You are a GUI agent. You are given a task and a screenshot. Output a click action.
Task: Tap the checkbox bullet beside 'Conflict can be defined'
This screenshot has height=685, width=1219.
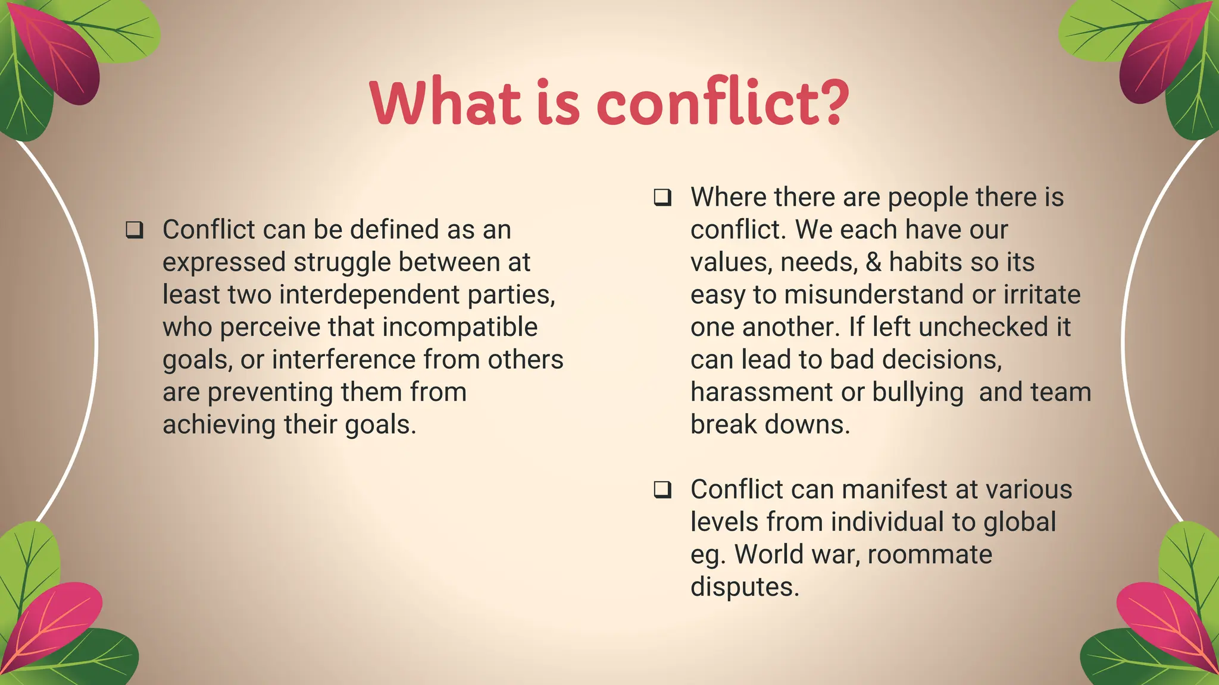point(135,230)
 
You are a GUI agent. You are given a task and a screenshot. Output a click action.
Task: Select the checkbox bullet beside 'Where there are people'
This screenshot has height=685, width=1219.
point(662,197)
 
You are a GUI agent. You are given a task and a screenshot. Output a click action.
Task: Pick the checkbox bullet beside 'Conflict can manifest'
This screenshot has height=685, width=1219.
point(662,489)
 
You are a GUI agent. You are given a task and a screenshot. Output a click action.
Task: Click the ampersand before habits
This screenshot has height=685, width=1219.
point(873,262)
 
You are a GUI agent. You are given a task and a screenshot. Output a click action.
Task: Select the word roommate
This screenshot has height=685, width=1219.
point(930,555)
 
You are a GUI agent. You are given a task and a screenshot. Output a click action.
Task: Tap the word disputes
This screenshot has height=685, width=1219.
point(744,587)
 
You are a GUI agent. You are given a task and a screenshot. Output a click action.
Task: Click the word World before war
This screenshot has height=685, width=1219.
point(768,555)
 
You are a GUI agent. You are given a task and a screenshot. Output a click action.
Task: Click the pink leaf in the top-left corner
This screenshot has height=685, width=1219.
point(57,54)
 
